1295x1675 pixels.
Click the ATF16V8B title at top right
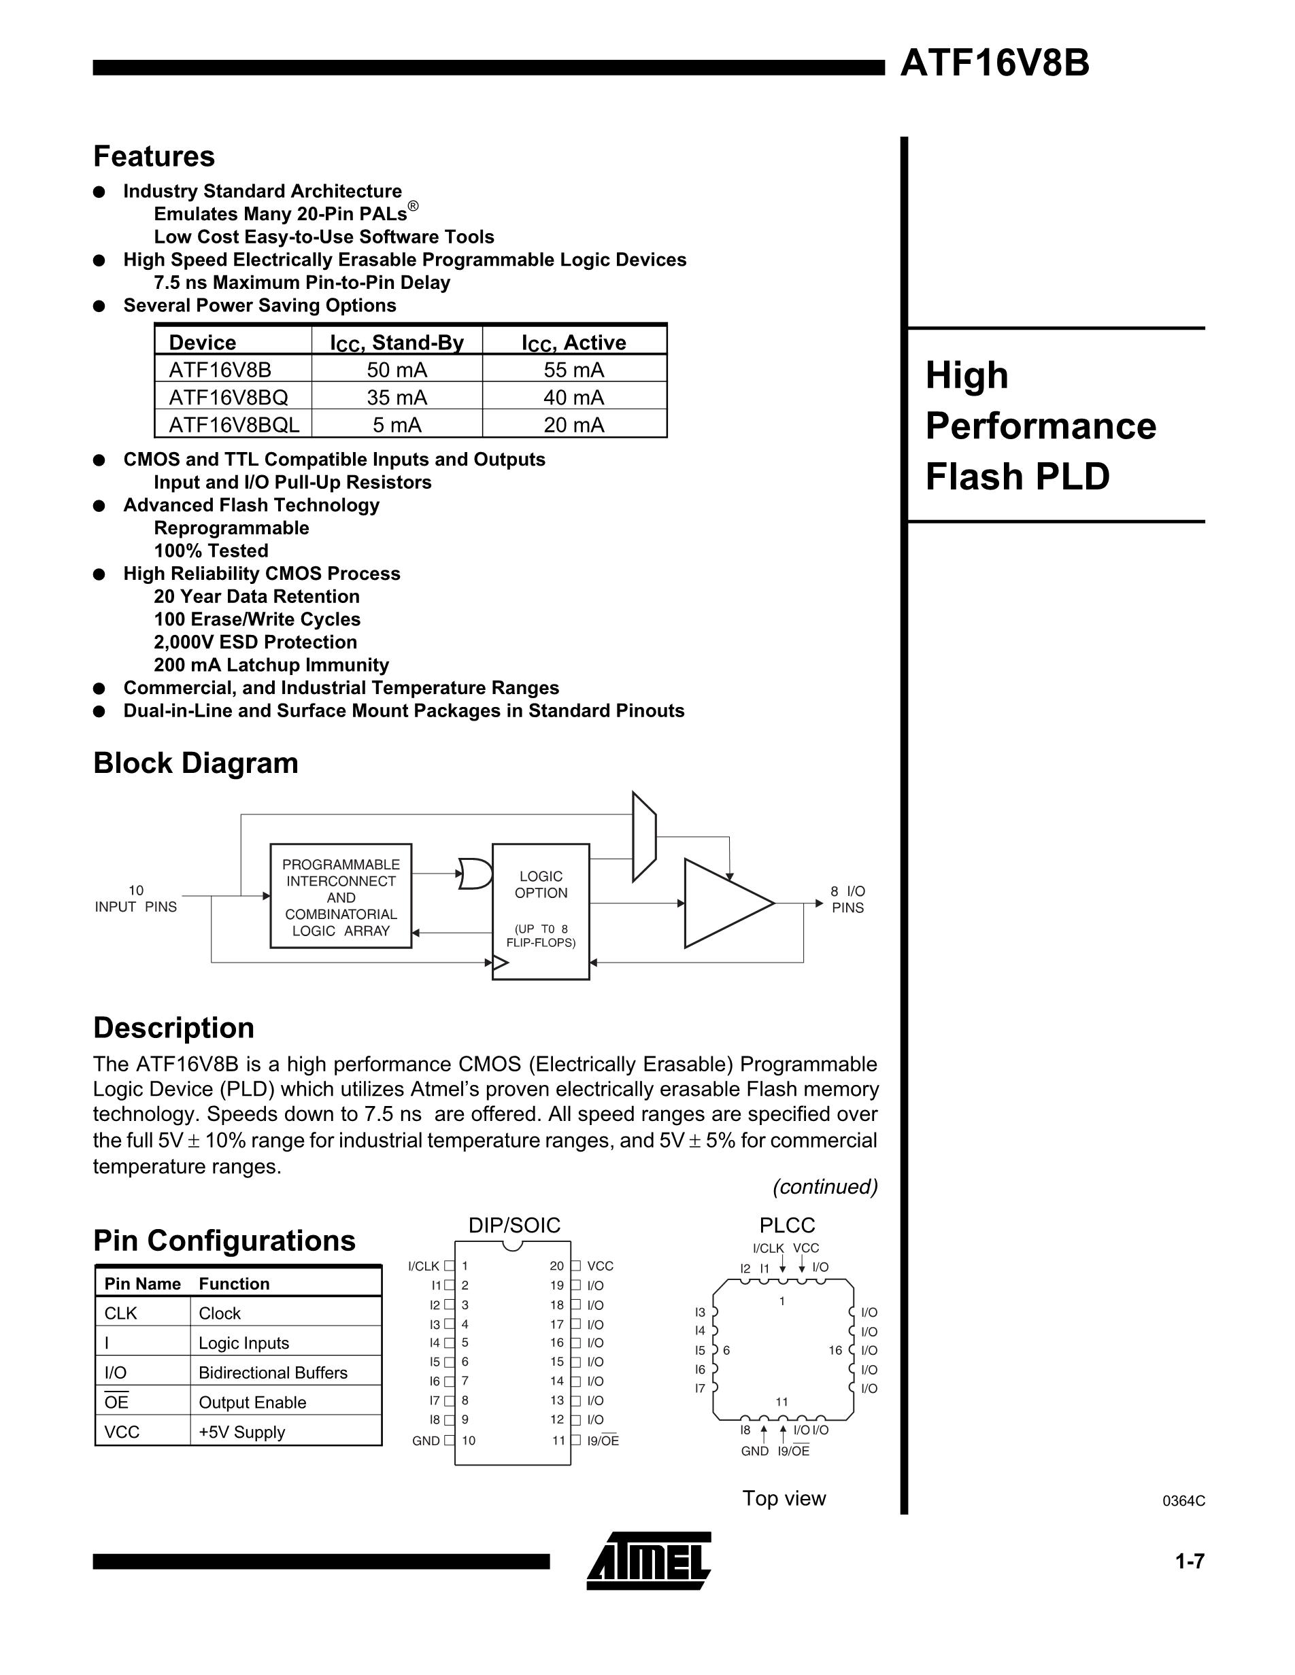(x=994, y=63)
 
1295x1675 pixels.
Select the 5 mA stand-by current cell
(x=397, y=424)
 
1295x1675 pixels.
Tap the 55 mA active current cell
(x=574, y=370)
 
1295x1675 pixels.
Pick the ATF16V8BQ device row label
(x=229, y=397)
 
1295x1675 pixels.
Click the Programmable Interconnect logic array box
(x=341, y=897)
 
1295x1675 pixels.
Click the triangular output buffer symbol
(x=726, y=903)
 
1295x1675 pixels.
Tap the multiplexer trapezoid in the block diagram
(x=643, y=837)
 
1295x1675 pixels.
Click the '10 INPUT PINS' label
(x=136, y=898)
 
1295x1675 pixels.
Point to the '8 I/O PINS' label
(x=847, y=899)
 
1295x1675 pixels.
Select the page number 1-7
(x=1190, y=1561)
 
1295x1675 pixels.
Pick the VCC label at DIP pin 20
(x=601, y=1266)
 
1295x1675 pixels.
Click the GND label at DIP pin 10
(x=426, y=1441)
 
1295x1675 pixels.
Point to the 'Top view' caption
(x=784, y=1498)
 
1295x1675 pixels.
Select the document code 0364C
(x=1183, y=1501)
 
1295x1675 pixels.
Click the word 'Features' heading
(x=154, y=156)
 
